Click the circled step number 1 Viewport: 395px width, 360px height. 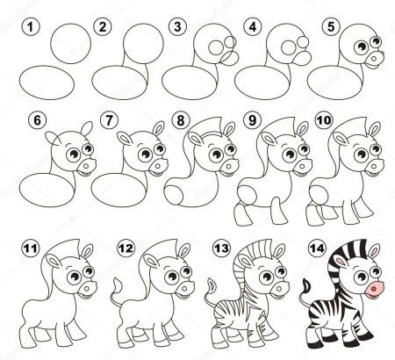pyautogui.click(x=30, y=27)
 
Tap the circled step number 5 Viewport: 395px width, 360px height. pyautogui.click(x=331, y=26)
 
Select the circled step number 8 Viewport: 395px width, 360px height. pyautogui.click(x=181, y=120)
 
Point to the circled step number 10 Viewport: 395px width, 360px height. pyautogui.click(x=324, y=120)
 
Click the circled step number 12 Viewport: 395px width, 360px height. pyautogui.click(x=126, y=248)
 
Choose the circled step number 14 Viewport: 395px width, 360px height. pyautogui.click(x=317, y=248)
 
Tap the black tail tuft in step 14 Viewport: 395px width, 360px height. pyautogui.click(x=306, y=285)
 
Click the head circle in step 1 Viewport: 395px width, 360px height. pyautogui.click(x=71, y=43)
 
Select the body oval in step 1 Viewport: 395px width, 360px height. pyautogui.click(x=47, y=83)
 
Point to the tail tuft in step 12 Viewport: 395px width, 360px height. pyautogui.click(x=118, y=285)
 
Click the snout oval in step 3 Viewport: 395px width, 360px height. pyautogui.click(x=230, y=59)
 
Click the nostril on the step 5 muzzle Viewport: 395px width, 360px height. pyautogui.click(x=374, y=59)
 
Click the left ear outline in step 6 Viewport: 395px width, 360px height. pyautogui.click(x=53, y=138)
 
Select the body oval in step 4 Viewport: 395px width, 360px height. pyautogui.click(x=262, y=83)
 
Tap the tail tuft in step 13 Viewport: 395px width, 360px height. pyautogui.click(x=212, y=285)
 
